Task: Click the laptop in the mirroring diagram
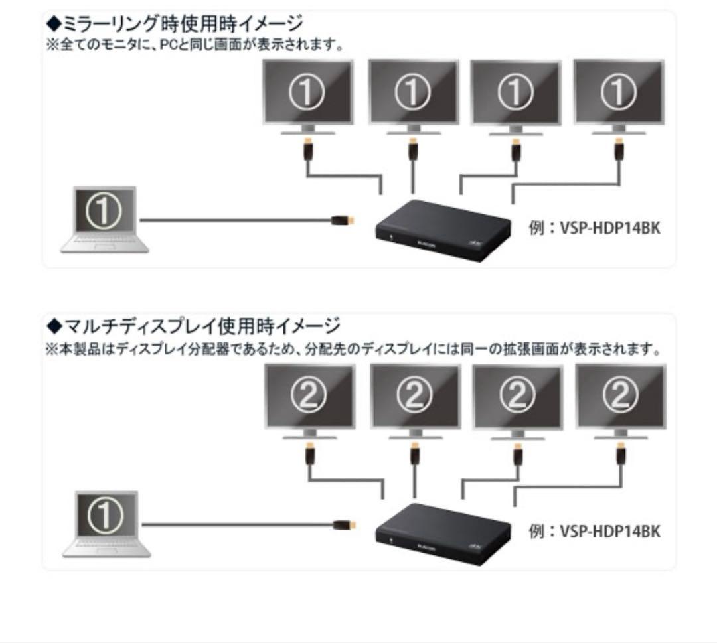coord(105,219)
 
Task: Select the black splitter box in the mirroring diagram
coord(442,229)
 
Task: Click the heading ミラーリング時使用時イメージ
coord(175,24)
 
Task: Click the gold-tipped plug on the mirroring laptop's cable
coord(343,220)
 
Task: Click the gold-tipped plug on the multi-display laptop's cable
coord(344,524)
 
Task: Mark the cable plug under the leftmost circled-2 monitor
coord(309,455)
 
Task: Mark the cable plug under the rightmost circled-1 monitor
coord(618,150)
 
